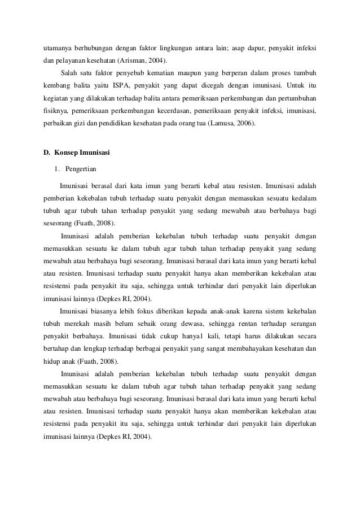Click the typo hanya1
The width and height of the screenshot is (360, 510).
[175, 336]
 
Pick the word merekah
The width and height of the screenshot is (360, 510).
[85, 324]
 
